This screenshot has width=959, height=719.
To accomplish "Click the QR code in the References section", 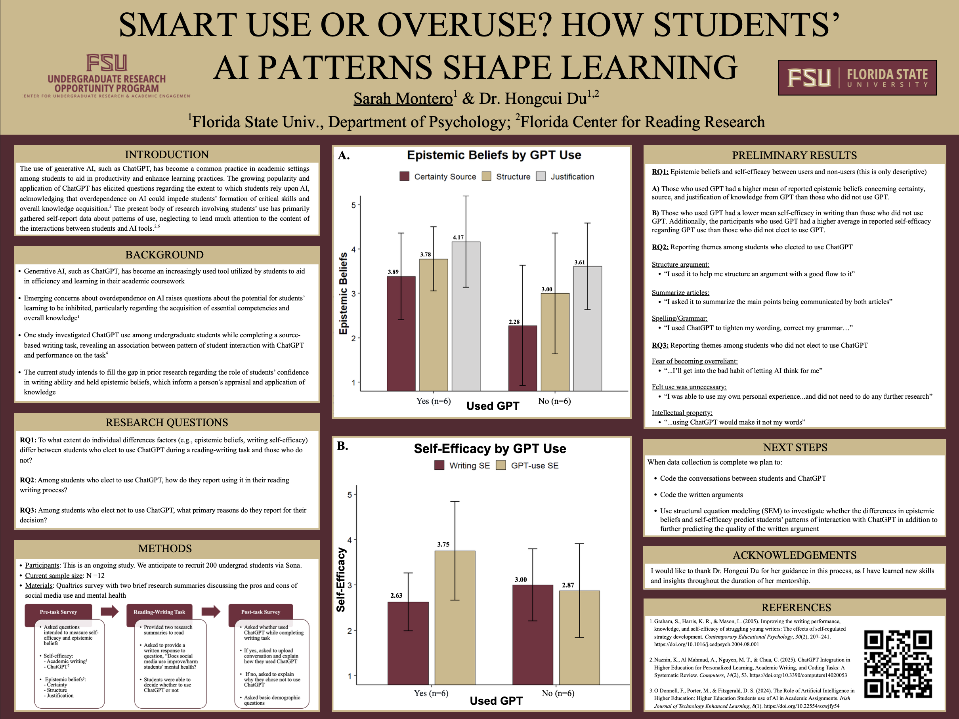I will coord(898,664).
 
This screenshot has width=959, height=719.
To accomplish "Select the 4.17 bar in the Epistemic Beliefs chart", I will coord(466,316).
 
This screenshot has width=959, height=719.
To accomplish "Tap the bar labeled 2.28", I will coord(522,358).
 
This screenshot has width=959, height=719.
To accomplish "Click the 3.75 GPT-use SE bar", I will coord(455,618).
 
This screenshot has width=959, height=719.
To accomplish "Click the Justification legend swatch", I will coord(541,176).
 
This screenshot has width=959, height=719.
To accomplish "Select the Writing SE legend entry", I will coord(462,465).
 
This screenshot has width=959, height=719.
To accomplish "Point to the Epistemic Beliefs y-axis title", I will coord(343,293).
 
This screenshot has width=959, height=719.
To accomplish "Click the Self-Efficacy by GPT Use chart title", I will coord(490,448).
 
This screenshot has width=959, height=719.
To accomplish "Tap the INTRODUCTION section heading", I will coord(167,154).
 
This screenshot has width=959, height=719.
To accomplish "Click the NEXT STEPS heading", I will coord(795,447).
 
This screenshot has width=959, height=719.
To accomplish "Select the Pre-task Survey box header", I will coord(59,612).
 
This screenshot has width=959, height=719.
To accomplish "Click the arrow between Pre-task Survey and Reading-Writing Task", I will coord(110,612).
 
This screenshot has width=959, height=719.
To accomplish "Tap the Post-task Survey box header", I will coord(261,612).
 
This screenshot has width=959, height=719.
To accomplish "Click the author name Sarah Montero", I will coord(403,99).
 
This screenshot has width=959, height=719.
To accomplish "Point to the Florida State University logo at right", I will coord(857,78).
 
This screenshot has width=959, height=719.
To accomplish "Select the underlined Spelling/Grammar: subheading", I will coord(679,318).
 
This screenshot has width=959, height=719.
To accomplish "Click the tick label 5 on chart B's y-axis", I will coord(350,495).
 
